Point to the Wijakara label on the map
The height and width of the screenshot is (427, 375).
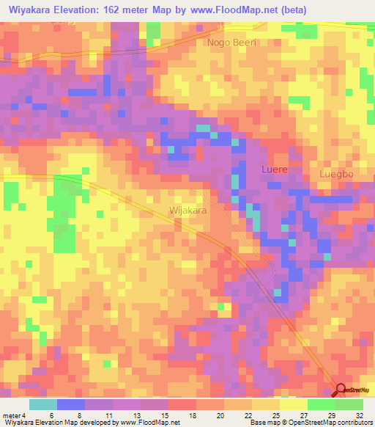pyautogui.click(x=188, y=211)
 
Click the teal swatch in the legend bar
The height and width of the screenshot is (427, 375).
pyautogui.click(x=42, y=404)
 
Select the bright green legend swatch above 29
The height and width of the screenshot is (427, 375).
pyautogui.click(x=322, y=404)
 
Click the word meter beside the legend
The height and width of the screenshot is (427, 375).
pyautogui.click(x=10, y=415)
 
